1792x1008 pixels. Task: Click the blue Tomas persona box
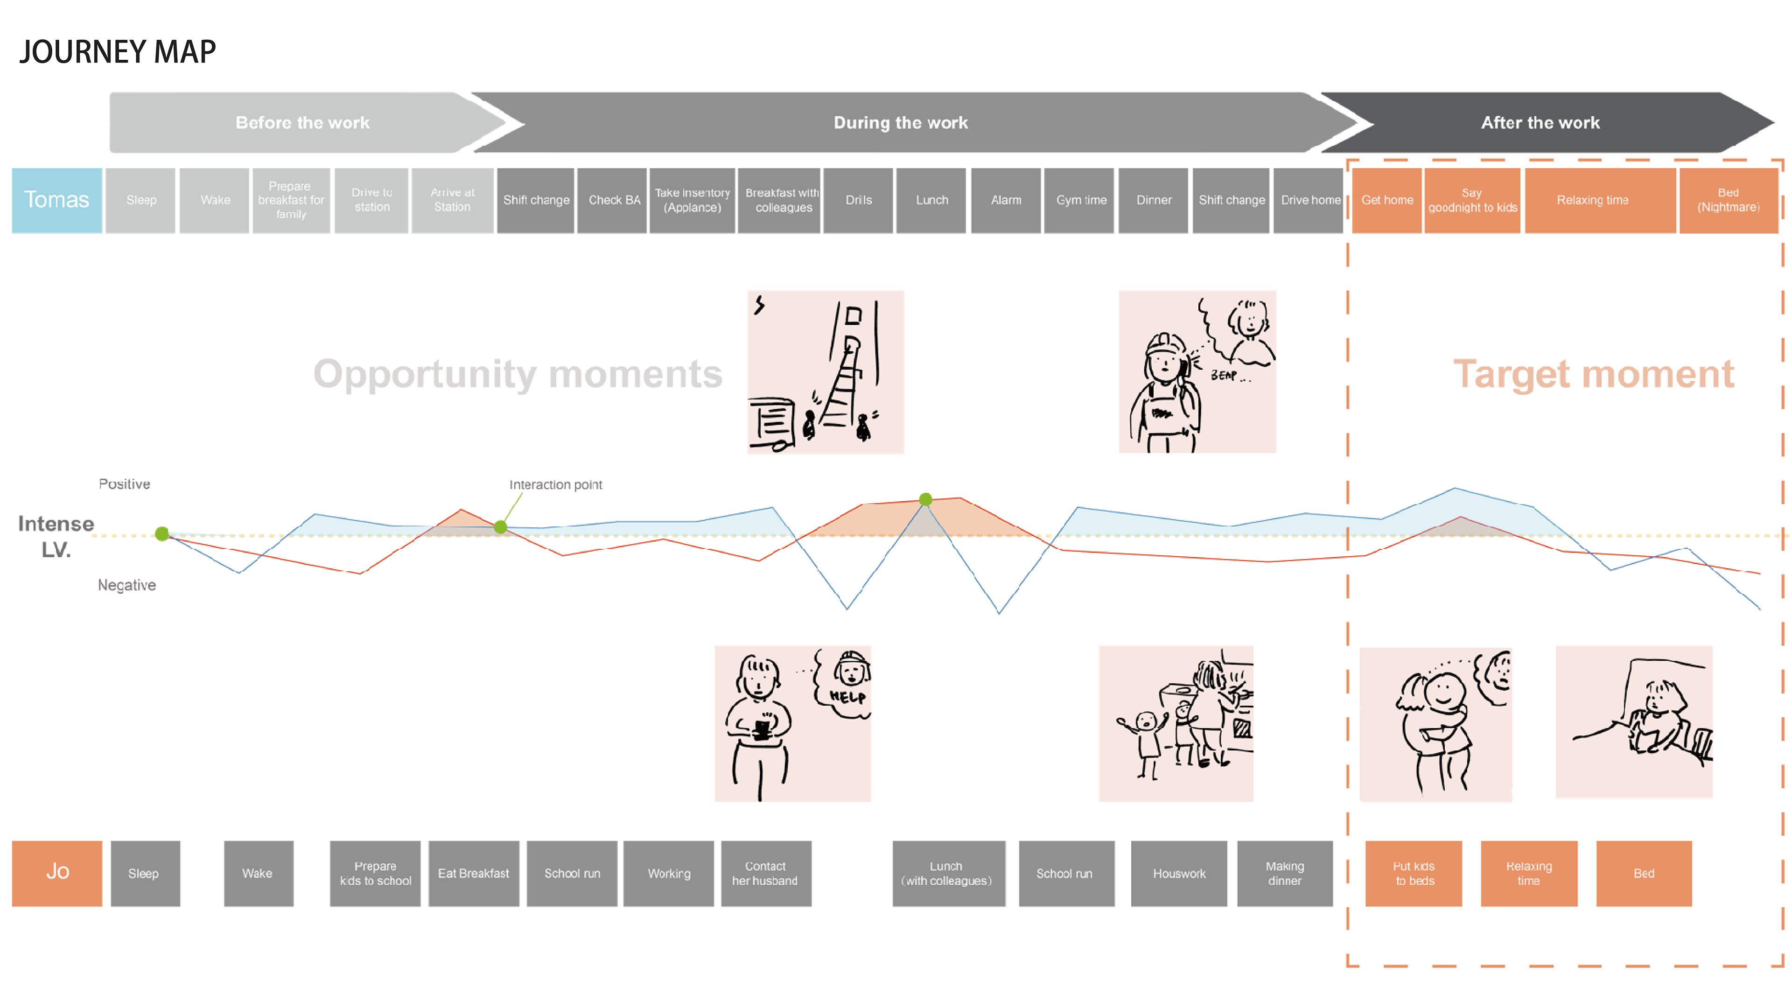click(x=57, y=200)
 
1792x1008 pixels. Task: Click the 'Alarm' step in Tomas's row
click(x=1006, y=200)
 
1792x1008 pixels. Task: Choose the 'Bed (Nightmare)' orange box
click(x=1728, y=200)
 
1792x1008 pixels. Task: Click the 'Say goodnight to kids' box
click(x=1472, y=200)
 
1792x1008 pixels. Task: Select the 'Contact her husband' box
click(x=765, y=873)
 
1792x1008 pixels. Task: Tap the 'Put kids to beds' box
click(x=1414, y=873)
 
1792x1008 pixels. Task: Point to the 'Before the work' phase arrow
click(x=302, y=122)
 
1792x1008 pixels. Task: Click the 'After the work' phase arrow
click(x=1540, y=122)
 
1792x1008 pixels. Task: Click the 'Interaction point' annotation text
click(x=555, y=485)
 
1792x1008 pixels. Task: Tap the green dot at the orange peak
click(x=925, y=499)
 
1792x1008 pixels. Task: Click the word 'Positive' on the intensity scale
click(x=125, y=484)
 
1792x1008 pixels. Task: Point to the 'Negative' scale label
click(x=126, y=585)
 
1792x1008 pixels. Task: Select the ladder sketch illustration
click(x=826, y=372)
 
